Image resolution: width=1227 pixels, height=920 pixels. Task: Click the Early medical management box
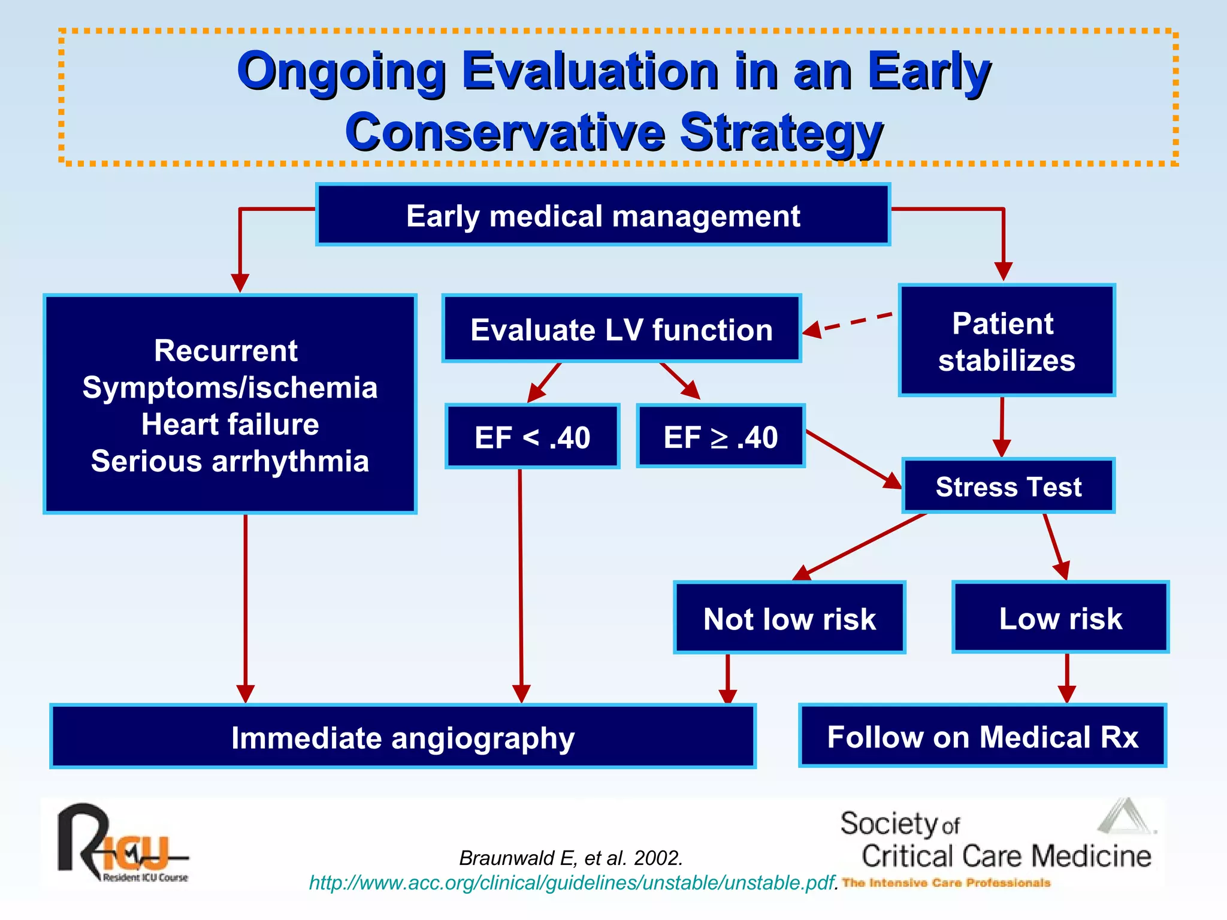point(603,215)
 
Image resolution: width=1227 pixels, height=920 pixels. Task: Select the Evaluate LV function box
point(621,329)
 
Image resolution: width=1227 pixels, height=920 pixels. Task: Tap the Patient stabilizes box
point(1007,341)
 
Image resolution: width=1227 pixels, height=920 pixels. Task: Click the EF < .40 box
point(532,436)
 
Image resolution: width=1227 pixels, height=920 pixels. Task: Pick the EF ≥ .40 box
point(720,436)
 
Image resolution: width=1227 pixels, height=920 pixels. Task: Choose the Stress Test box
point(1008,486)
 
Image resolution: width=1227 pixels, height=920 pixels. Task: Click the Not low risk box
point(789,618)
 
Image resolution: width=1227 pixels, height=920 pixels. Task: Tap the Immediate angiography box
point(403,737)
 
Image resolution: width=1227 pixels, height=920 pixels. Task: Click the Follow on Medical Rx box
point(983,736)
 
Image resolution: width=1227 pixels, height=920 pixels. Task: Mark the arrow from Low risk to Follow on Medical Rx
point(1066,677)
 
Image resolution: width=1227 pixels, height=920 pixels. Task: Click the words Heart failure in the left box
point(230,424)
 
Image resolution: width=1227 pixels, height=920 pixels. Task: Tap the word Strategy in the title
point(781,132)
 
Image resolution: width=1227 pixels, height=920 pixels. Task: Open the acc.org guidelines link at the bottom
point(572,882)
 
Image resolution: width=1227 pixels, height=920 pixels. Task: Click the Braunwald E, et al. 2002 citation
point(571,858)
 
